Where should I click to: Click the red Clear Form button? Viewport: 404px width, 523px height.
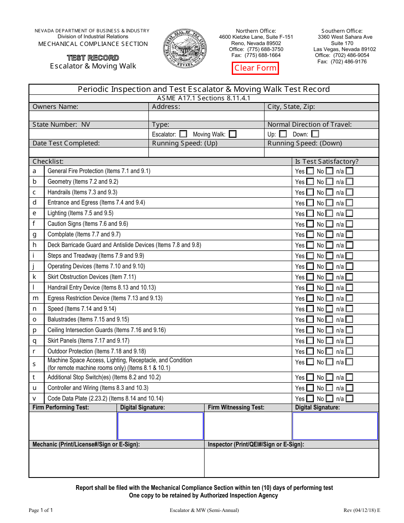point(255,68)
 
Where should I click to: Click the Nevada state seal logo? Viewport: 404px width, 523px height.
point(184,48)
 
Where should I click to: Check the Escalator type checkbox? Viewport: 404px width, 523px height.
point(183,134)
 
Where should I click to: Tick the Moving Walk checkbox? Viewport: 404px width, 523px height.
point(233,134)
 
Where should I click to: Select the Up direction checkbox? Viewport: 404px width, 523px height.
point(283,134)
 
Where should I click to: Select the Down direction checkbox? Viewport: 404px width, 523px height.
point(315,134)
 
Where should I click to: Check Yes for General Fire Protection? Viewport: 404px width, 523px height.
point(310,171)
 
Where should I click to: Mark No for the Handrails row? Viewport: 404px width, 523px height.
point(330,192)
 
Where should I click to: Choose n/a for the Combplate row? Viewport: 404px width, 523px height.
point(349,234)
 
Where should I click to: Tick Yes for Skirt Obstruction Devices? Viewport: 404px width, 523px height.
point(310,277)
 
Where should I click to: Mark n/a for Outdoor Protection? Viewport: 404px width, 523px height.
point(349,351)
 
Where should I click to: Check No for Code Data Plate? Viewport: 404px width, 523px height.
point(330,398)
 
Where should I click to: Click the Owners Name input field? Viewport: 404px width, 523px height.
point(88,116)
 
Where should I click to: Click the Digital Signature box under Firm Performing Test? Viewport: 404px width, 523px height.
point(160,426)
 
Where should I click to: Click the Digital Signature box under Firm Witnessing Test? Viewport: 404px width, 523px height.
point(335,426)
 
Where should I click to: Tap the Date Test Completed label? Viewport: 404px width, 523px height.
point(66,143)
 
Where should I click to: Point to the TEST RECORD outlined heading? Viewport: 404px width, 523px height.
point(93,58)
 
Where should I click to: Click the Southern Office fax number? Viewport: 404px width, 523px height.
point(342,62)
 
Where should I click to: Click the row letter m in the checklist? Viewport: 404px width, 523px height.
point(35,298)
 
